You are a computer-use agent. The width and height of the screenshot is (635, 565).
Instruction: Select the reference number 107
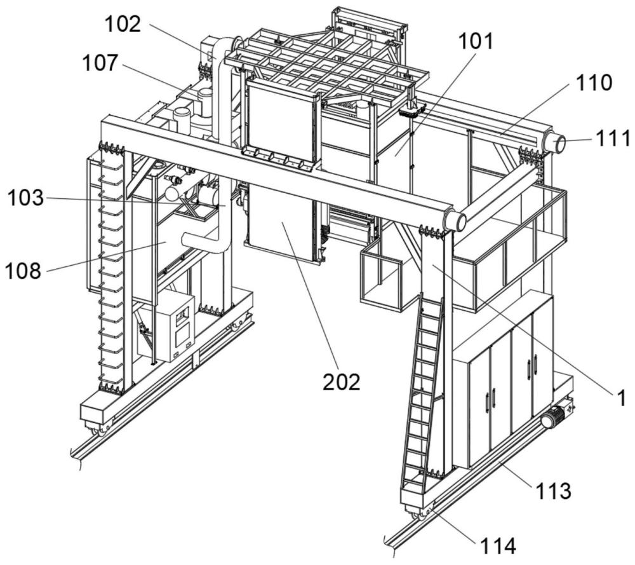(100, 63)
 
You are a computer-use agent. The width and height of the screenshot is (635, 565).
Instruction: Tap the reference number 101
(476, 41)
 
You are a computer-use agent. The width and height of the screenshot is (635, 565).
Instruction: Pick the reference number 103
(25, 198)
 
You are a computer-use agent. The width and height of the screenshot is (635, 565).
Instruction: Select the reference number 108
(23, 270)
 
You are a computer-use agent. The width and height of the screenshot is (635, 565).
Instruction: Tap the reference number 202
(341, 382)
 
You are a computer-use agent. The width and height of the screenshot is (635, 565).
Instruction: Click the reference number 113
(553, 491)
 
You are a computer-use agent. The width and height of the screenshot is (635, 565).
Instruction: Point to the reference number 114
(498, 546)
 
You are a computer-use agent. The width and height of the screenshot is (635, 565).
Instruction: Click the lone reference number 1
(621, 398)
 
